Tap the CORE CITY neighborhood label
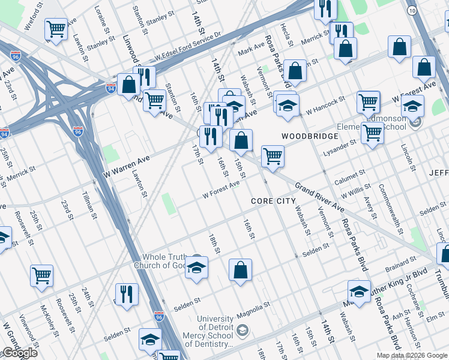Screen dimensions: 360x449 coord(273,200)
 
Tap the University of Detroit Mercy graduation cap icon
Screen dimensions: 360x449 coord(241,331)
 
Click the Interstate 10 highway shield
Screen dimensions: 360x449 coord(411,11)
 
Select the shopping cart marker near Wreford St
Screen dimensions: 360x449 coord(56,28)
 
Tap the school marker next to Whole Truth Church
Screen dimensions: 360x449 coord(196,268)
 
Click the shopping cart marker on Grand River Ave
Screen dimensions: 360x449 coord(273,157)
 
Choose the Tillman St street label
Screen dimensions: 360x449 coord(88,199)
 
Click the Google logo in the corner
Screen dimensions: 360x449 coord(20,353)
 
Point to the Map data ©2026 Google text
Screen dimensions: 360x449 coord(412,355)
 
